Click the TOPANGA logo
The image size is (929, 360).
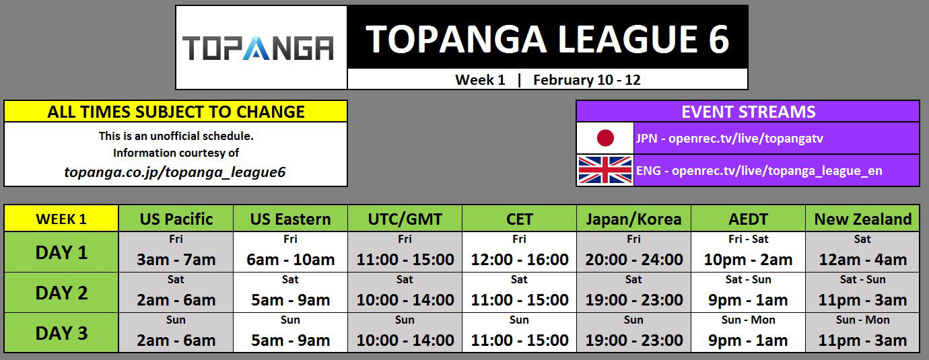259,48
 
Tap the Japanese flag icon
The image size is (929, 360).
605,138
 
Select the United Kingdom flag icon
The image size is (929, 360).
605,170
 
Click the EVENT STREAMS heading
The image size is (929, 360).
748,112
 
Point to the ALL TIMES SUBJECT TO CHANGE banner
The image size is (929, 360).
176,112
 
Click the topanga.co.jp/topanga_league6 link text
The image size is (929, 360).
175,172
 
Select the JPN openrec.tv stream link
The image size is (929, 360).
729,139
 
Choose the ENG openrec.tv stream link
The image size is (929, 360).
759,171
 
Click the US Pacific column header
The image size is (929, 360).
176,219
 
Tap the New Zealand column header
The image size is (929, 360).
862,219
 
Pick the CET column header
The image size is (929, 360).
519,219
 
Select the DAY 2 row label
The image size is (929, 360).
61,293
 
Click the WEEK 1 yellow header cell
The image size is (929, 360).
61,219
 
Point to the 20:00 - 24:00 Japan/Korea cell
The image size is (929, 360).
633,253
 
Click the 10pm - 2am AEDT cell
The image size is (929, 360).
748,253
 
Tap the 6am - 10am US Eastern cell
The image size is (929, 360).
291,253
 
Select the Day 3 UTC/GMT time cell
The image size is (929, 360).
405,334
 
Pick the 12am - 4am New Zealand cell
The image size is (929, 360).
862,253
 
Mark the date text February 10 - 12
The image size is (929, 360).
586,80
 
